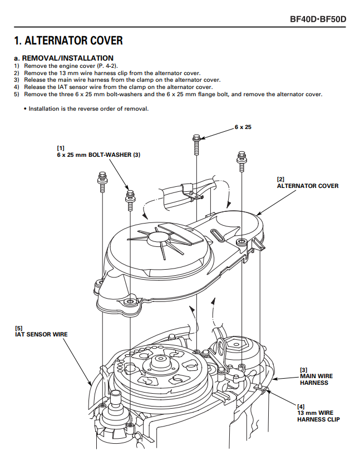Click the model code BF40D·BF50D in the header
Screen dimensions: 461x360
click(318, 19)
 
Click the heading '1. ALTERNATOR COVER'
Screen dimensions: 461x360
click(68, 41)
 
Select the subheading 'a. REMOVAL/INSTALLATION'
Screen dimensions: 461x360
click(63, 58)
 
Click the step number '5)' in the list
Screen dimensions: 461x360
click(17, 94)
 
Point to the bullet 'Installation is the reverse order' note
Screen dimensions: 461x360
click(89, 108)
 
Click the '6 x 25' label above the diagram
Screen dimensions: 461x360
click(243, 127)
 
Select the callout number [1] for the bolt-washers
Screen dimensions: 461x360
click(61, 147)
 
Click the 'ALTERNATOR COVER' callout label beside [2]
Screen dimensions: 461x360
click(308, 186)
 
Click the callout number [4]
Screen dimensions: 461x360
click(300, 406)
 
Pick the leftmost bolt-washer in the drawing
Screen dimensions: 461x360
click(103, 181)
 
